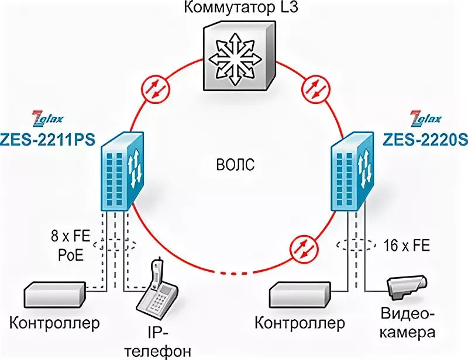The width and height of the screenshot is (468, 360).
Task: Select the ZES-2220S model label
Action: tap(420, 139)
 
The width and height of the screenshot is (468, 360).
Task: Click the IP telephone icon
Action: tap(157, 292)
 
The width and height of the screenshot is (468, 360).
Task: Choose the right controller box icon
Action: tap(299, 296)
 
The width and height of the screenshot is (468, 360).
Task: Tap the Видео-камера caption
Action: tap(408, 324)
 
